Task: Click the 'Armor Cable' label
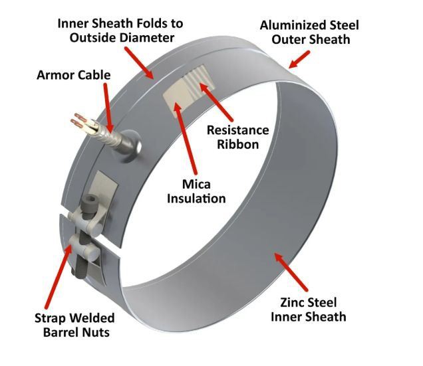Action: tap(74, 75)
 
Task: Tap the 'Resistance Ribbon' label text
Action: tap(238, 137)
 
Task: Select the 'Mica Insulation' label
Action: tap(196, 191)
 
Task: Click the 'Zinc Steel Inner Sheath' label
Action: tap(309, 310)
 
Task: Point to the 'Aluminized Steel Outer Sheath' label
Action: tap(309, 33)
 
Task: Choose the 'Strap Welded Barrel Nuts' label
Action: tap(74, 325)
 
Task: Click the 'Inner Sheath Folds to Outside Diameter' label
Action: tap(120, 31)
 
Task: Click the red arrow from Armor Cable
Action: tap(108, 107)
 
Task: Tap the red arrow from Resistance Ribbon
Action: tap(215, 102)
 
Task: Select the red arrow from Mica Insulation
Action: tap(185, 138)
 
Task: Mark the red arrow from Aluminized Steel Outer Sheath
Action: tap(299, 59)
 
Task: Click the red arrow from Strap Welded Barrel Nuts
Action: tap(59, 276)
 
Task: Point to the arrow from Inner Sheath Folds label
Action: tap(139, 63)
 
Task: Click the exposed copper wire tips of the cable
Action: tap(78, 120)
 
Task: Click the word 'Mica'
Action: tap(196, 185)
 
